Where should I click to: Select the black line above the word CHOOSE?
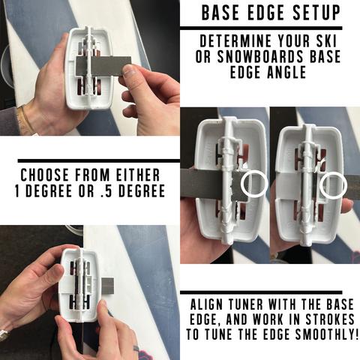point(90,160)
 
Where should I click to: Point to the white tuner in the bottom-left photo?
point(79,289)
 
